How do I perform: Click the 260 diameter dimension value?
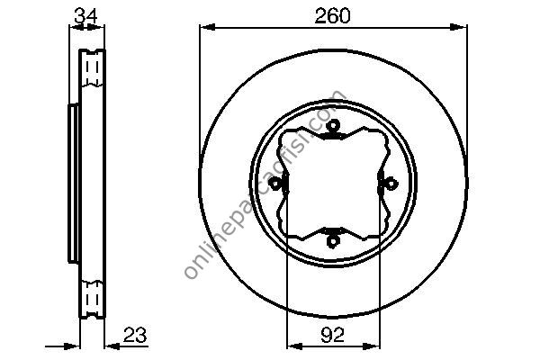(332, 16)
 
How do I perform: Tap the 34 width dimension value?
(85, 14)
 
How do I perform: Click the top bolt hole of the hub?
(332, 126)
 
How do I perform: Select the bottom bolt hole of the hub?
(332, 240)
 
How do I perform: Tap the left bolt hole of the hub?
(275, 184)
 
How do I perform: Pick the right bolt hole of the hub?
(390, 184)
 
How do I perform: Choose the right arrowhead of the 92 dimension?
(373, 345)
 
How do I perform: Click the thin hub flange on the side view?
(72, 184)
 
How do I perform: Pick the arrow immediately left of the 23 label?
(112, 345)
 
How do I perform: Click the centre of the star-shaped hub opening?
(332, 184)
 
